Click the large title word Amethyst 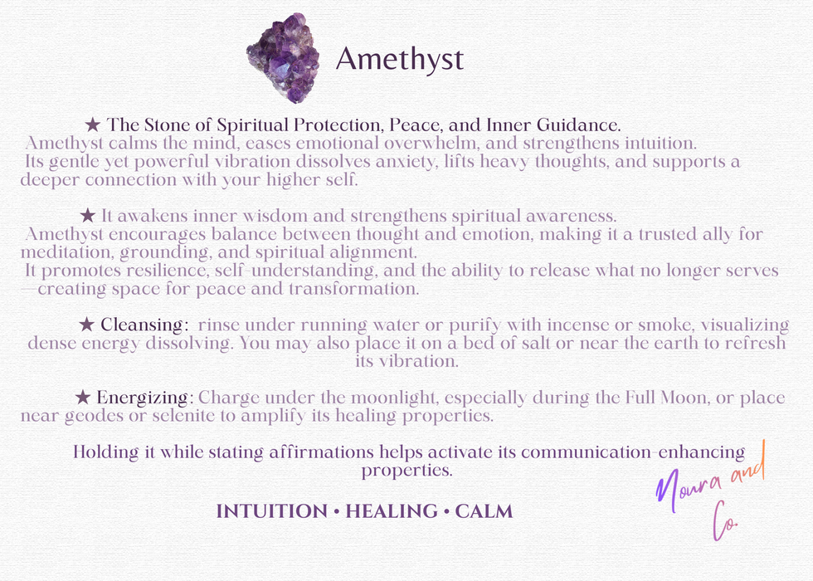click(x=399, y=59)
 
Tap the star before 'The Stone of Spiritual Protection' click(x=93, y=125)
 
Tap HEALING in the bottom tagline click(x=392, y=511)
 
